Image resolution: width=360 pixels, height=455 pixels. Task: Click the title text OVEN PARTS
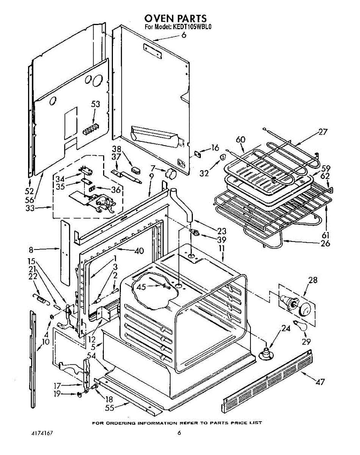[x=175, y=18]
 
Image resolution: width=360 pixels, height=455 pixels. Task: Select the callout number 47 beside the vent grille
[x=320, y=382]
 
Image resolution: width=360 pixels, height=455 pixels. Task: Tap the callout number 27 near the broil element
[x=322, y=132]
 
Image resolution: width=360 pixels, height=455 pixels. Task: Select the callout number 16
[x=215, y=148]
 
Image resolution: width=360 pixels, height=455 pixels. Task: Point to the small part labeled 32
[x=223, y=157]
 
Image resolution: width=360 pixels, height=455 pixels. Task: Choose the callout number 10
[x=45, y=342]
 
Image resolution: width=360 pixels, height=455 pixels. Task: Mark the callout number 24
[x=286, y=329]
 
